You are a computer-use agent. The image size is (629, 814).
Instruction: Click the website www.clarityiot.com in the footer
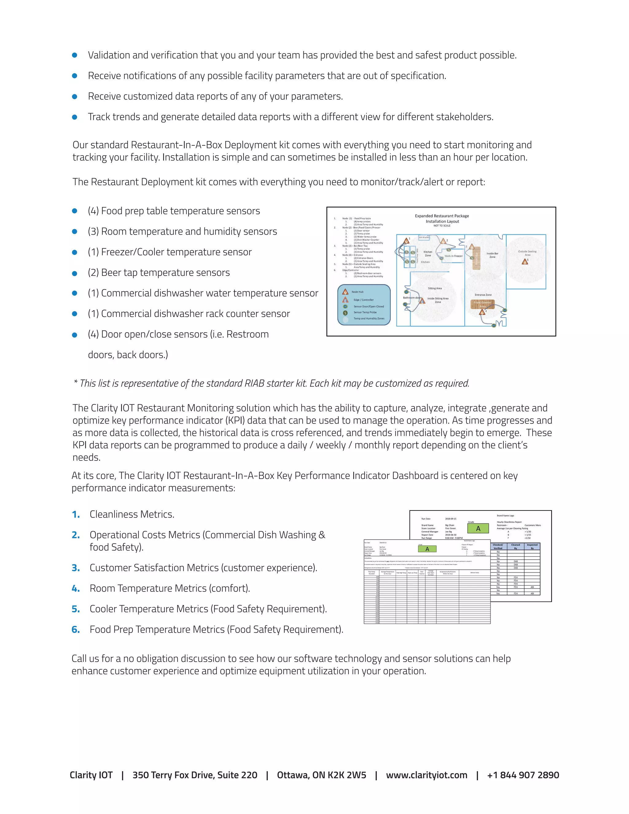[x=426, y=775]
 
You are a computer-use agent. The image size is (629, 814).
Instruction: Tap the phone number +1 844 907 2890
[x=523, y=775]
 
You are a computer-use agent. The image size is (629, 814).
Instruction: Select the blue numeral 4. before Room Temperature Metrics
[x=76, y=589]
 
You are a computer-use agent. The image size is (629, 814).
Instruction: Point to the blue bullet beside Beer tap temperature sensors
[x=75, y=273]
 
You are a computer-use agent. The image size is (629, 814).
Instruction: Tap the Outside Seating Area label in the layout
[x=527, y=253]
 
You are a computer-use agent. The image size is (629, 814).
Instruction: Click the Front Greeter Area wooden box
[x=482, y=304]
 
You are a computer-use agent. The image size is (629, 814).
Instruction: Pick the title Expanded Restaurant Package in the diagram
[x=442, y=216]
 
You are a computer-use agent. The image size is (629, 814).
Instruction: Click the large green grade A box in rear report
[x=478, y=529]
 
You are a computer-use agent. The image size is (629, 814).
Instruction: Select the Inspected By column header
[x=532, y=546]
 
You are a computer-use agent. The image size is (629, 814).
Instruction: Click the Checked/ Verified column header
[x=498, y=546]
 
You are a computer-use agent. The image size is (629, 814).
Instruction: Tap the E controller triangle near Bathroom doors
[x=422, y=301]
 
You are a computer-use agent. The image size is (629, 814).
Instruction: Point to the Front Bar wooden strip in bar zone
[x=476, y=258]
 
